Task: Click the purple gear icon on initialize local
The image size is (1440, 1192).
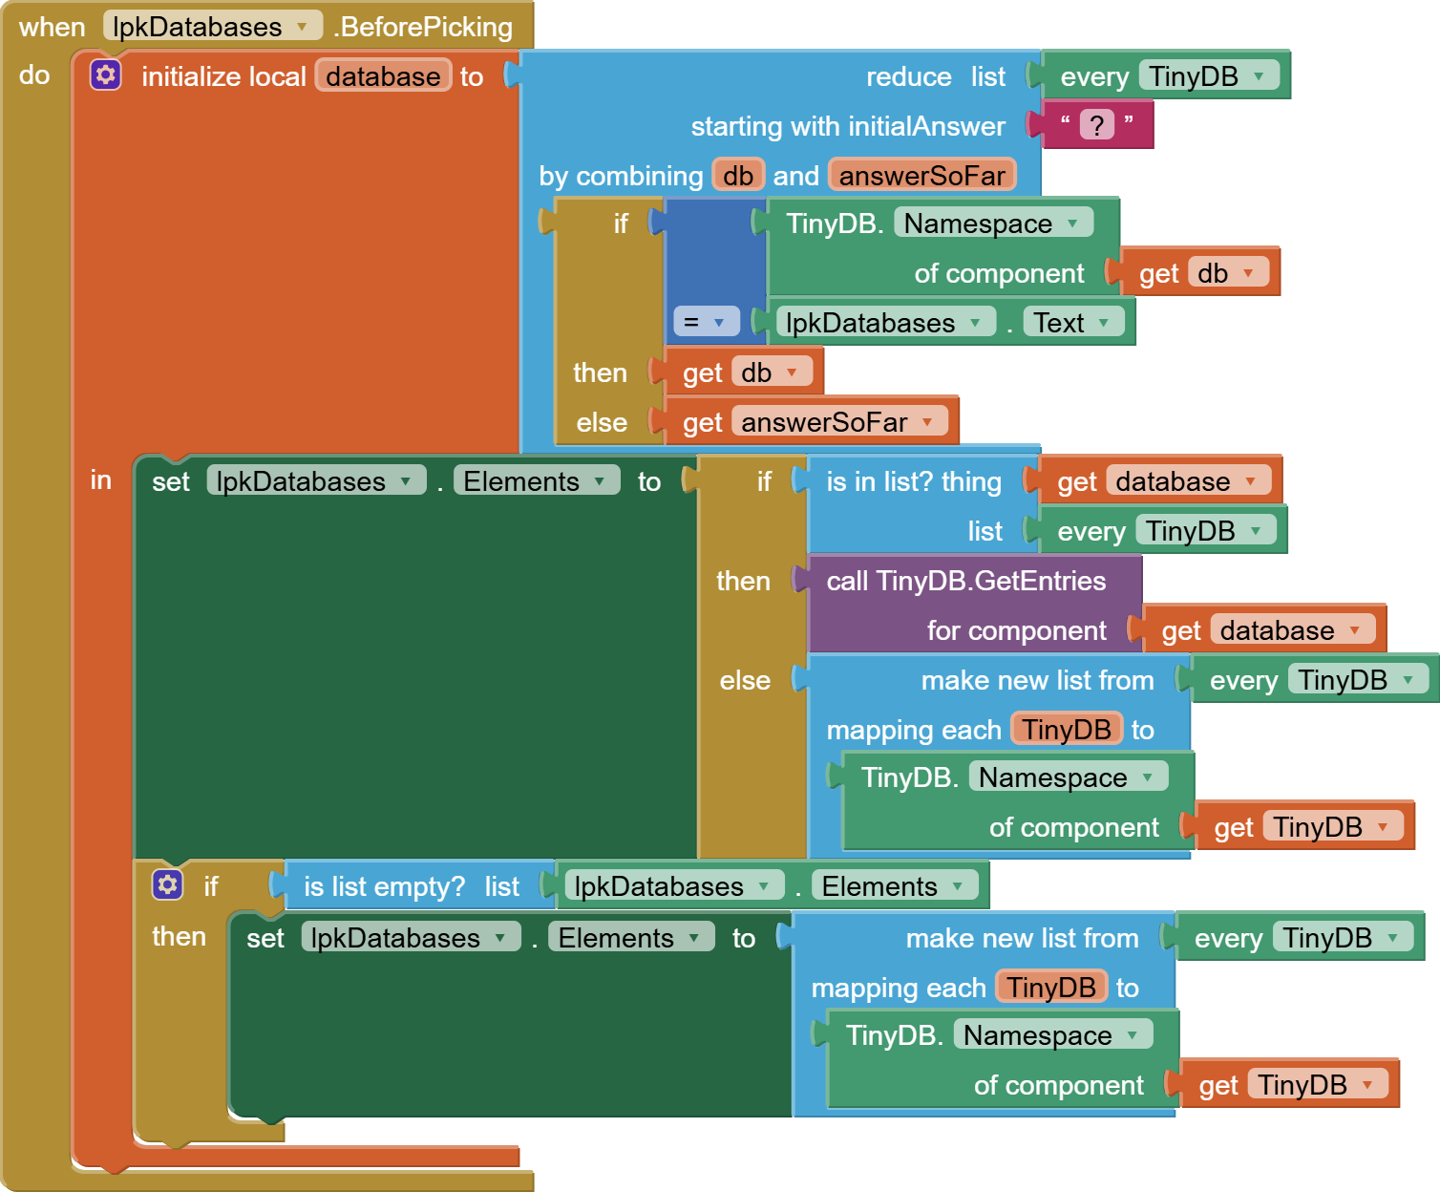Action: [x=106, y=74]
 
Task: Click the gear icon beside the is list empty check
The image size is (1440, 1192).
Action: [x=167, y=884]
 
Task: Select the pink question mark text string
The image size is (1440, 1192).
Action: [x=1097, y=124]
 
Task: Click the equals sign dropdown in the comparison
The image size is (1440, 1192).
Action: [x=706, y=322]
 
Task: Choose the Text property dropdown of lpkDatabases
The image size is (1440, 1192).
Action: [x=1071, y=323]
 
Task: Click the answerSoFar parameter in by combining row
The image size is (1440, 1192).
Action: [x=921, y=176]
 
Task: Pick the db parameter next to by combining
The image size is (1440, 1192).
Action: [x=737, y=176]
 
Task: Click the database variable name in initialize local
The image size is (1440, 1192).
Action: [x=383, y=76]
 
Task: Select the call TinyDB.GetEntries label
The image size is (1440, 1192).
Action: [x=965, y=581]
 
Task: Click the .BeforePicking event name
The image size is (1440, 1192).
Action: [x=423, y=27]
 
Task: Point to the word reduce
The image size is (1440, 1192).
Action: [x=908, y=76]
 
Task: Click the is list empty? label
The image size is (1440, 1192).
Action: [x=384, y=886]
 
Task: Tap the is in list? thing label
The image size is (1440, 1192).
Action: [x=913, y=481]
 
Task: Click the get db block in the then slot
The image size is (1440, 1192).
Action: [x=737, y=372]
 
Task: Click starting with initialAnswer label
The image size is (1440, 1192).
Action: [x=847, y=126]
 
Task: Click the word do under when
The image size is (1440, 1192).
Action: [x=34, y=74]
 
